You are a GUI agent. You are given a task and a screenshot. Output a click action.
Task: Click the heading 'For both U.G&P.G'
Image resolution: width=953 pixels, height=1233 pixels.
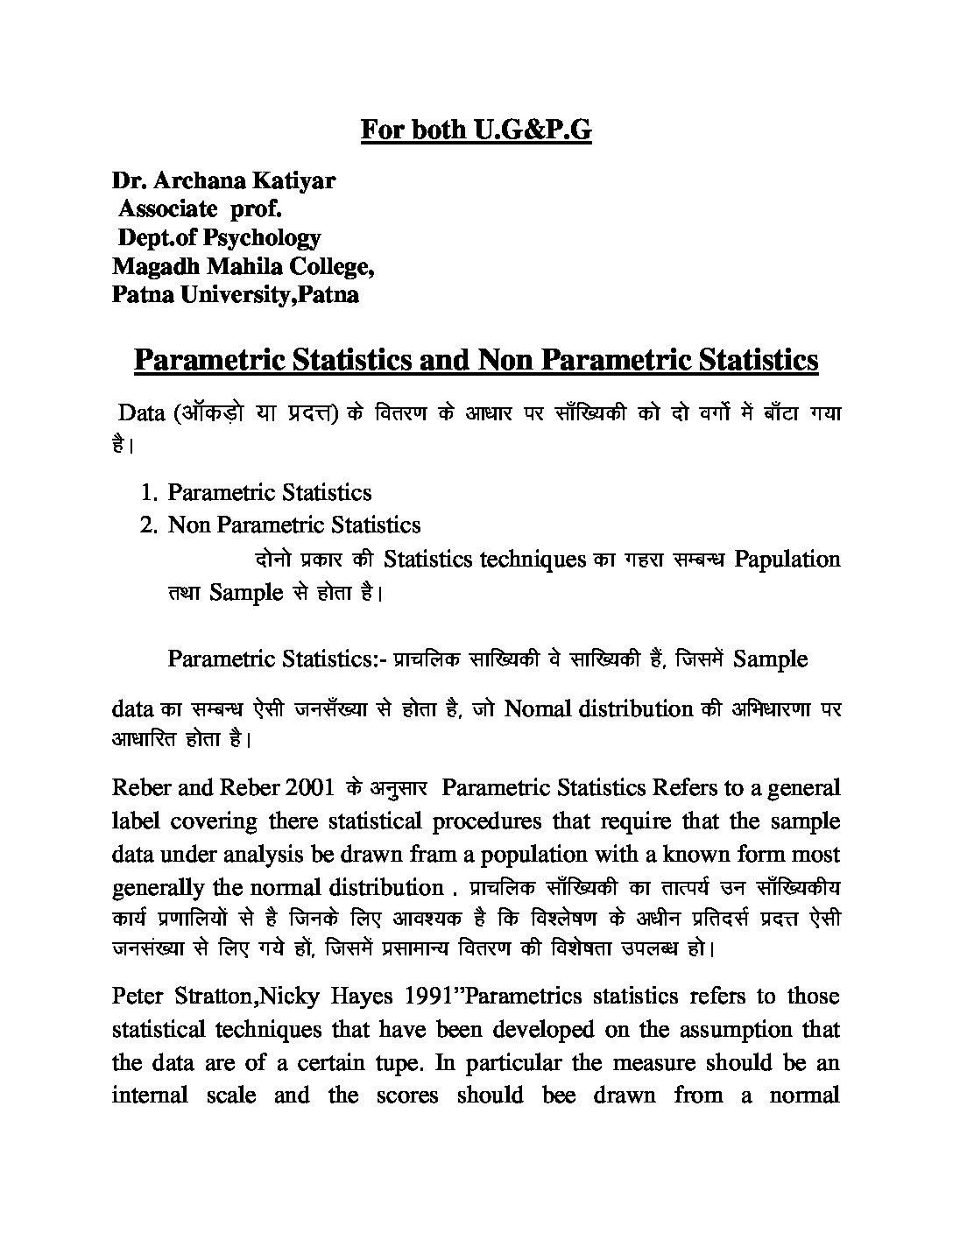point(476,130)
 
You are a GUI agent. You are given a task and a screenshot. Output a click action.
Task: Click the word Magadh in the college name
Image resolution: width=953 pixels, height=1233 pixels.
point(151,265)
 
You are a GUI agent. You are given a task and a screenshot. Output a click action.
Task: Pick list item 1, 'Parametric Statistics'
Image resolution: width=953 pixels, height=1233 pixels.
point(269,492)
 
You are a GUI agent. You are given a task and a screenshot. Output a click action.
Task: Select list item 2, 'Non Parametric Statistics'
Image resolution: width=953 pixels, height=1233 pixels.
point(293,525)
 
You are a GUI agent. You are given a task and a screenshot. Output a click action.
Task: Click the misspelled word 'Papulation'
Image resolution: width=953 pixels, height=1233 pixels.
point(787,559)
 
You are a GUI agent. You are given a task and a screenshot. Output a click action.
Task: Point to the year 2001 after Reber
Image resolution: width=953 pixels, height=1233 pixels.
point(309,787)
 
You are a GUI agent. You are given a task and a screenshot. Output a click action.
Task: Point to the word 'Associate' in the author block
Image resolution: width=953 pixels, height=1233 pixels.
point(167,209)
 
